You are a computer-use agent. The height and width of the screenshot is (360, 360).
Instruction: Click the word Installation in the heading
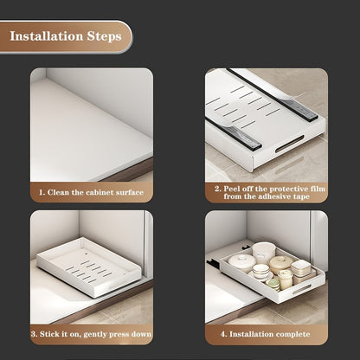(x=47, y=36)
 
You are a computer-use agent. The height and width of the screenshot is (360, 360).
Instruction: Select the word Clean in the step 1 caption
(x=58, y=192)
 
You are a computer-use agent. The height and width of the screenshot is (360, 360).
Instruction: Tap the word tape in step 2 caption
(x=302, y=197)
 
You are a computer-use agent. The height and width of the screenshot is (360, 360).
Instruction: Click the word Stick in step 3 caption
(x=48, y=334)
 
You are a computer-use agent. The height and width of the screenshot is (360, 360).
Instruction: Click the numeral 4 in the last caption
(x=223, y=334)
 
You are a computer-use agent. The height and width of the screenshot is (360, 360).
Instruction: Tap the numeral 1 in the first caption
(x=42, y=192)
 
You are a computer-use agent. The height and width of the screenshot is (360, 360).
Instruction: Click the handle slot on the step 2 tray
(x=290, y=144)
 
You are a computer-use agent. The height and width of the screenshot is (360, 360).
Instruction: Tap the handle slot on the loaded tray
(x=302, y=289)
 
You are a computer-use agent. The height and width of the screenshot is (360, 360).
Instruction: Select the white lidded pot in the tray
(x=241, y=262)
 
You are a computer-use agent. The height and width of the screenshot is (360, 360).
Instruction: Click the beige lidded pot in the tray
(x=281, y=264)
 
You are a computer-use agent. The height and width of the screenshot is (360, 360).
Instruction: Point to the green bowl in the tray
(x=273, y=284)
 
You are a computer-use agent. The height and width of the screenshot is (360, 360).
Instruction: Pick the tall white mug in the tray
(x=264, y=252)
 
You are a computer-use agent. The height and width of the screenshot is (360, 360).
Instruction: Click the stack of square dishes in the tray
(x=301, y=268)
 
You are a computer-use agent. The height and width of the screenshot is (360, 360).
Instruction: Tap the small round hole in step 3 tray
(x=87, y=254)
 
